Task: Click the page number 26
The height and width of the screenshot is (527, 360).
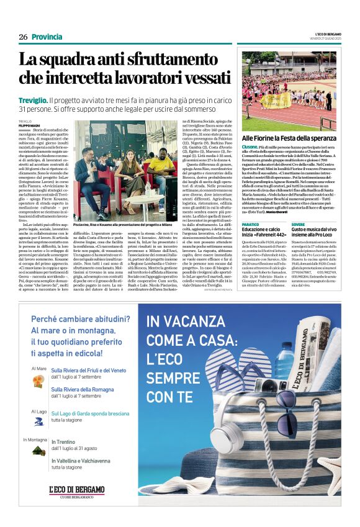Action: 23,37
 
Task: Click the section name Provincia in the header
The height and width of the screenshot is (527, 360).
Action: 47,37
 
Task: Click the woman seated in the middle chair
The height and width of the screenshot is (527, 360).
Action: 127,176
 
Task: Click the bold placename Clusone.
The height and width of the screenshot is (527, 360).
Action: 250,146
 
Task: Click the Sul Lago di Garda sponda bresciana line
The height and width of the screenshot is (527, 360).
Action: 90,413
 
